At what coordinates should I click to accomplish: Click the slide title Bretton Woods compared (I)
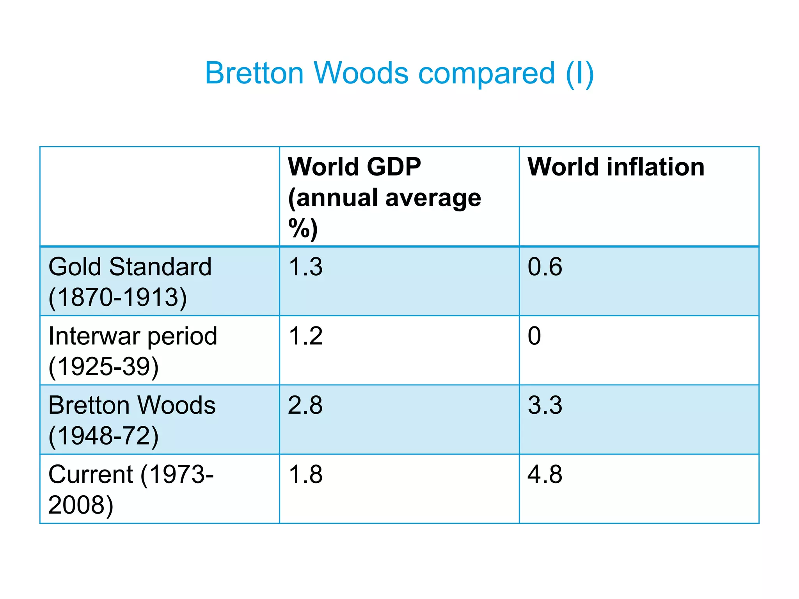pyautogui.click(x=399, y=73)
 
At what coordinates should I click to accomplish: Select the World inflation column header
pyautogui.click(x=616, y=167)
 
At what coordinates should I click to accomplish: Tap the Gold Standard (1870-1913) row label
pyautogui.click(x=130, y=282)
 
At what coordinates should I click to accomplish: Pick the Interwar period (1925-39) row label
pyautogui.click(x=133, y=351)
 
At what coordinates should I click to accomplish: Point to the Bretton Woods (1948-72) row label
pyautogui.click(x=131, y=420)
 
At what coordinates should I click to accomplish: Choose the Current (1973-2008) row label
pyautogui.click(x=131, y=489)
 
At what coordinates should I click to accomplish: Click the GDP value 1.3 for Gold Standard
pyautogui.click(x=305, y=267)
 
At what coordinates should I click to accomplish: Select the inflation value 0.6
pyautogui.click(x=545, y=267)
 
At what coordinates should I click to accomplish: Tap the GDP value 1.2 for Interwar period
pyautogui.click(x=305, y=336)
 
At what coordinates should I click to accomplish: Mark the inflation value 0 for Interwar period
pyautogui.click(x=534, y=336)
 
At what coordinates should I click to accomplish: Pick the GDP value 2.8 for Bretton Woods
pyautogui.click(x=305, y=405)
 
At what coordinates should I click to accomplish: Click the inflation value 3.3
pyautogui.click(x=545, y=405)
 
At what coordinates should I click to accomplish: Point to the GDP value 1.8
pyautogui.click(x=305, y=475)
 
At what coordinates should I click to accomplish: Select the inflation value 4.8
pyautogui.click(x=545, y=475)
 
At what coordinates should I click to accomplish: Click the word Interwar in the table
pyautogui.click(x=93, y=336)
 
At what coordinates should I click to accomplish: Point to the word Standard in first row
pyautogui.click(x=160, y=267)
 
